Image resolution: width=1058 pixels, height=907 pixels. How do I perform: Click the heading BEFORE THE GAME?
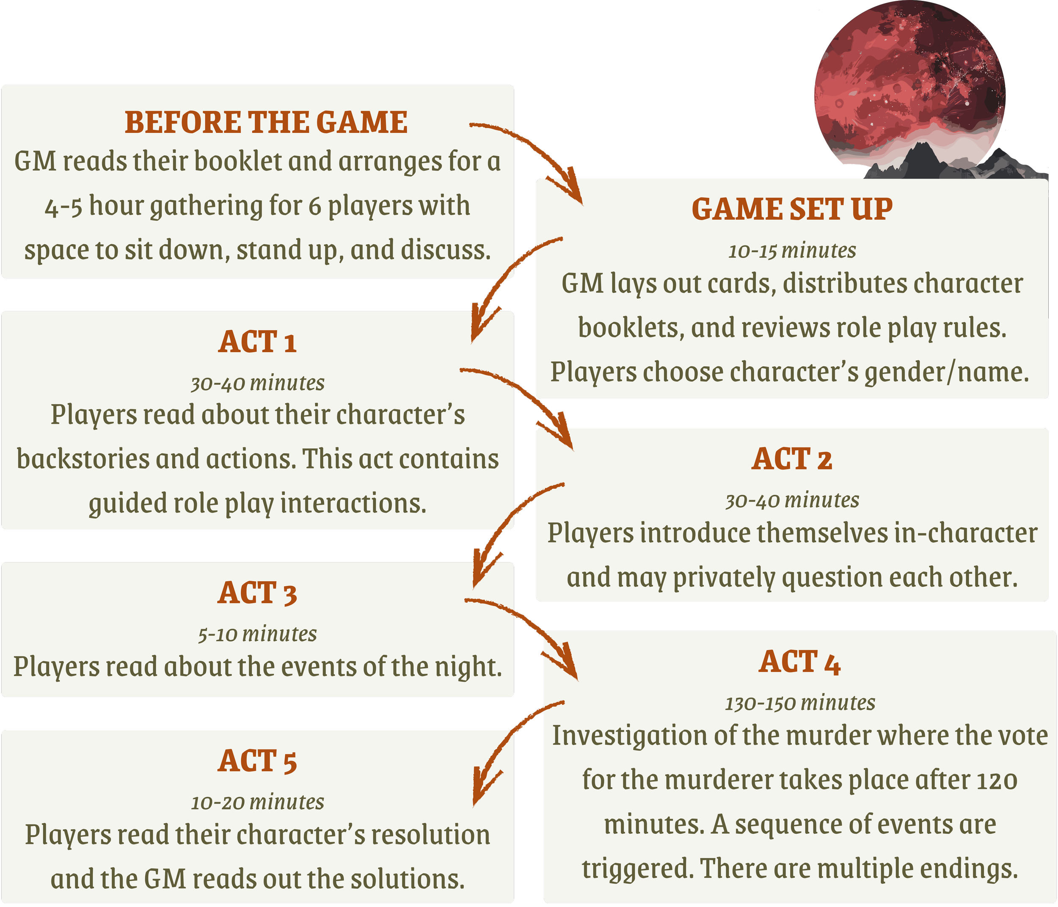point(266,123)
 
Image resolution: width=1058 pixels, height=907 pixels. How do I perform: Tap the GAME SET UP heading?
point(792,210)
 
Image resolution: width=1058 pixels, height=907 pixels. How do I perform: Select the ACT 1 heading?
point(257,342)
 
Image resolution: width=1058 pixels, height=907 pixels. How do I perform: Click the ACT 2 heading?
point(792,459)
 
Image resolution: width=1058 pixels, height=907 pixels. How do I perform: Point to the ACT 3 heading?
point(257,593)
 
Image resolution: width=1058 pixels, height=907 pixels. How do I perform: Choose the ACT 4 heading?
point(799,662)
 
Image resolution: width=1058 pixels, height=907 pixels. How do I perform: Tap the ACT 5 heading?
point(257,761)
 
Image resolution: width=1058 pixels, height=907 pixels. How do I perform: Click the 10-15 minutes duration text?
point(792,251)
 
